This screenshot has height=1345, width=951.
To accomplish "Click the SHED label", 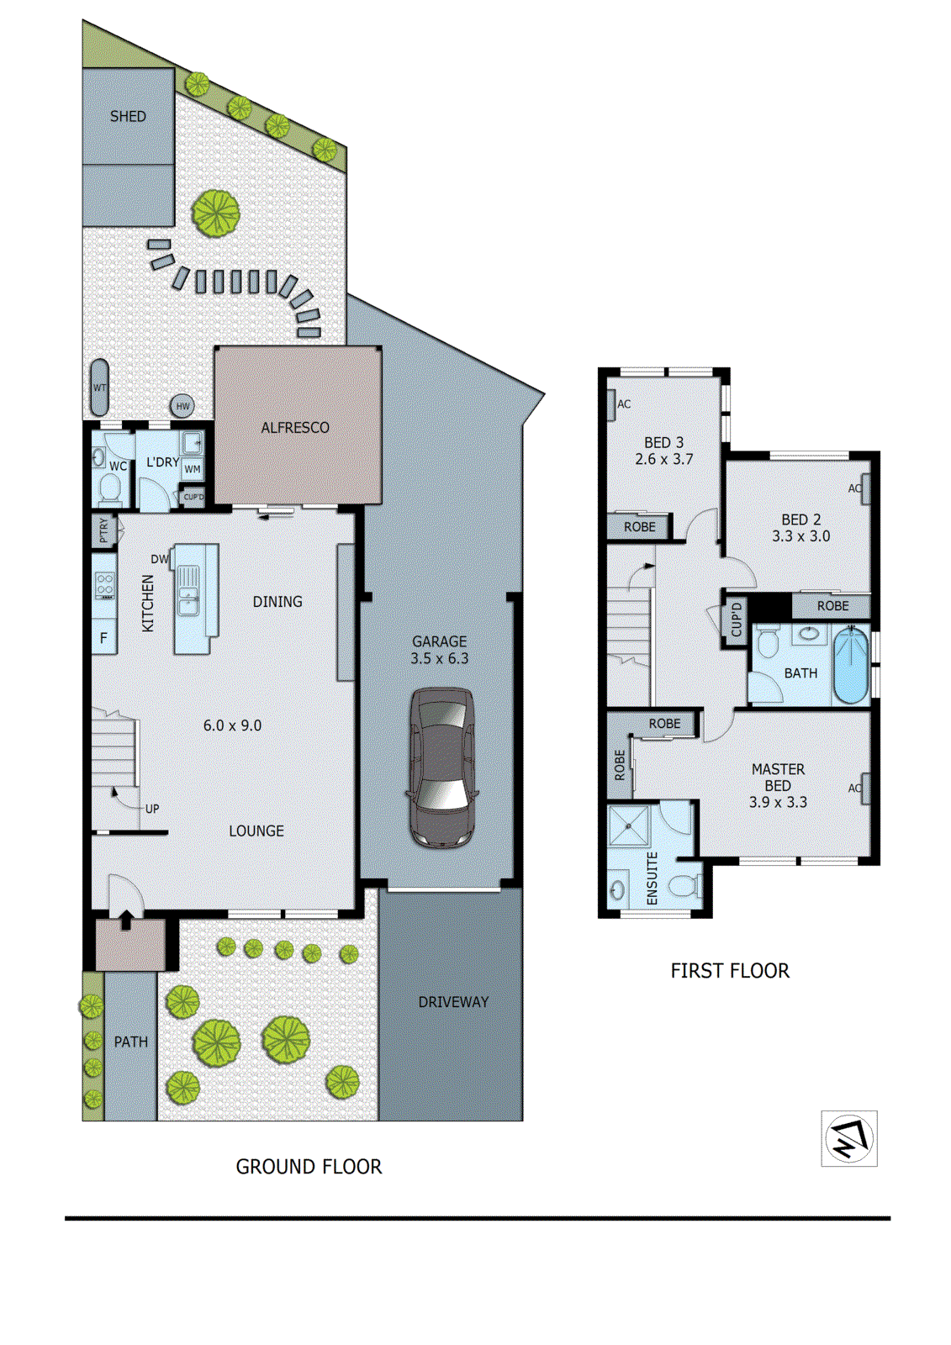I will click(128, 117).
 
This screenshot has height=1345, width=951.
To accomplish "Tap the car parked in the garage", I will click(442, 767).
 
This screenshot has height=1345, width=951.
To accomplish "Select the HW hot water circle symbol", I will click(182, 406).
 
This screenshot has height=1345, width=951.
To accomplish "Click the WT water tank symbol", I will click(99, 388).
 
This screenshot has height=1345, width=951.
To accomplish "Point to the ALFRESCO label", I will click(295, 428).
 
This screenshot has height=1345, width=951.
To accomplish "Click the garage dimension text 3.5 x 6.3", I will click(440, 659).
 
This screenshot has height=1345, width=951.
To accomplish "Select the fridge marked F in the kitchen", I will click(104, 638).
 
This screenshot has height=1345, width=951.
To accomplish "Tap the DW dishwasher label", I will click(159, 559).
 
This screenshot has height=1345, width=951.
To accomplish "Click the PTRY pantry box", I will click(104, 530).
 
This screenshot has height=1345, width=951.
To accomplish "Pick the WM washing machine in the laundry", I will click(193, 469).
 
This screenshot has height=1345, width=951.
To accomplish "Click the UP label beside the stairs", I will click(152, 809).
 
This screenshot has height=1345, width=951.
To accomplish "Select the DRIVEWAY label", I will click(453, 1002).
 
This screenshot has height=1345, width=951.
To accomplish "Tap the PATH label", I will click(130, 1042).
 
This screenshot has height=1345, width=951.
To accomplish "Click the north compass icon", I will click(849, 1139).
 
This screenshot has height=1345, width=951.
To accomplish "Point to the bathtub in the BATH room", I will click(850, 667).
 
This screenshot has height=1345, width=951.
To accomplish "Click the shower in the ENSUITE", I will click(629, 825).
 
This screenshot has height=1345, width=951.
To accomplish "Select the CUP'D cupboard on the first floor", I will click(736, 620).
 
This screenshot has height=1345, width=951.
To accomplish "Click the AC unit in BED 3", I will click(612, 403).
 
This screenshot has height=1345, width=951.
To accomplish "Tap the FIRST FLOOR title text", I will click(730, 971).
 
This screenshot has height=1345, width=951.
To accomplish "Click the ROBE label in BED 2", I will click(832, 606).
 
